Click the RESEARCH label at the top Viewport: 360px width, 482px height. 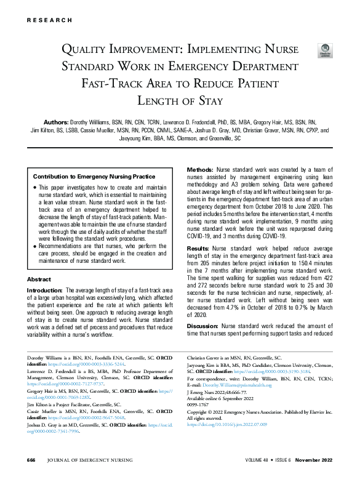click(x=49, y=20)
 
